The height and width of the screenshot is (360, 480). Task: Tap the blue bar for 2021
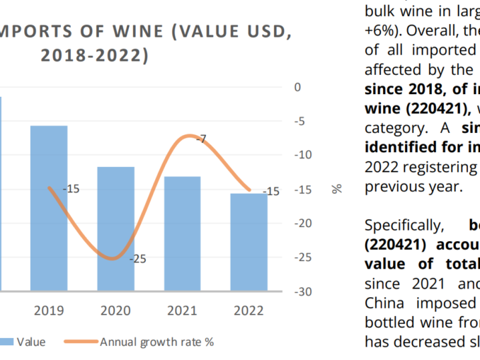click(x=182, y=233)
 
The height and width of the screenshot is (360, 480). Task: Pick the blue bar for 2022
click(x=248, y=241)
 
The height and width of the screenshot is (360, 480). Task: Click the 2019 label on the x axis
click(x=49, y=310)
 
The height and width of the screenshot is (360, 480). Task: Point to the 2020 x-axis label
click(x=115, y=310)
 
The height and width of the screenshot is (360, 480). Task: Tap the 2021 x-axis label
click(x=182, y=310)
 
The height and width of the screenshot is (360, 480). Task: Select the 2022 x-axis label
click(x=248, y=310)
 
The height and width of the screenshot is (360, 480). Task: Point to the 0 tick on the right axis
click(x=298, y=87)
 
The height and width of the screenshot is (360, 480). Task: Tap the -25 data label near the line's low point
click(x=137, y=260)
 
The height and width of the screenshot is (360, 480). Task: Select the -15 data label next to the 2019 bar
click(x=71, y=189)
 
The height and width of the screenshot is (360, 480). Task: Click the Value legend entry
click(x=31, y=342)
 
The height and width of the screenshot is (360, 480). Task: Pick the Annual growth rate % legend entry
click(x=156, y=342)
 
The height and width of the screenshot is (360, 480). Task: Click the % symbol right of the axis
click(x=336, y=188)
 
